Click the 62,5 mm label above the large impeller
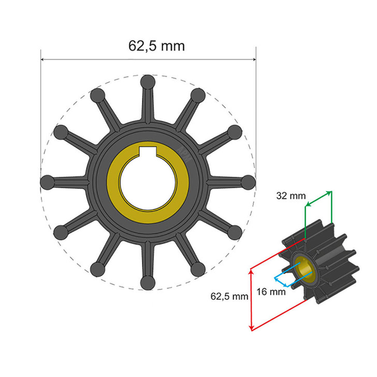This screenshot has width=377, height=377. pyautogui.click(x=156, y=46)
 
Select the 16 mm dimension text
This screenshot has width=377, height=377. pyautogui.click(x=271, y=292)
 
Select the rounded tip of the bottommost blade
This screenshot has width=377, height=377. pyautogui.click(x=148, y=283)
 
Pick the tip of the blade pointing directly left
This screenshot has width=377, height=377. pyautogui.click(x=47, y=182)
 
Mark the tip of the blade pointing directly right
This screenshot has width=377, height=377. pyautogui.click(x=249, y=182)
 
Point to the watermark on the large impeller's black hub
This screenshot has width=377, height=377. pyautogui.click(x=185, y=151)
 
